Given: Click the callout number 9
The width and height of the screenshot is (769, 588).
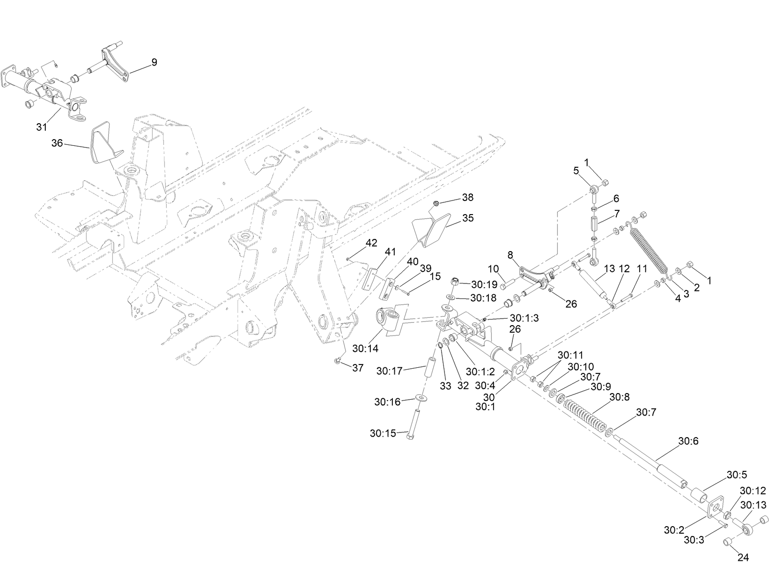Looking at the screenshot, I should (x=154, y=62).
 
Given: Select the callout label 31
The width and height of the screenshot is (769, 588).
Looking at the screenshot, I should (x=42, y=127).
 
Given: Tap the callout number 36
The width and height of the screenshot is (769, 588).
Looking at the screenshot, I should (x=57, y=143).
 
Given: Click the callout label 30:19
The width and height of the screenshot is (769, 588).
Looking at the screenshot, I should (x=484, y=284).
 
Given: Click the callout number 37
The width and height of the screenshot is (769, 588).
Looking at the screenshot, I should (x=357, y=368).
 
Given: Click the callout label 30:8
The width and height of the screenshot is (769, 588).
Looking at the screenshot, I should (x=619, y=397).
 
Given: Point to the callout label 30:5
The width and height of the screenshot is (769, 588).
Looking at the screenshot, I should (x=737, y=475).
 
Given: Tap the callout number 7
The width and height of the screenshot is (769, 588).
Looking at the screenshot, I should (x=617, y=214).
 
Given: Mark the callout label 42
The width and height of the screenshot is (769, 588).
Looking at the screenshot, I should (x=371, y=243).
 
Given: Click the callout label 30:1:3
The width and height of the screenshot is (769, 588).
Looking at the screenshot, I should (x=525, y=318).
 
